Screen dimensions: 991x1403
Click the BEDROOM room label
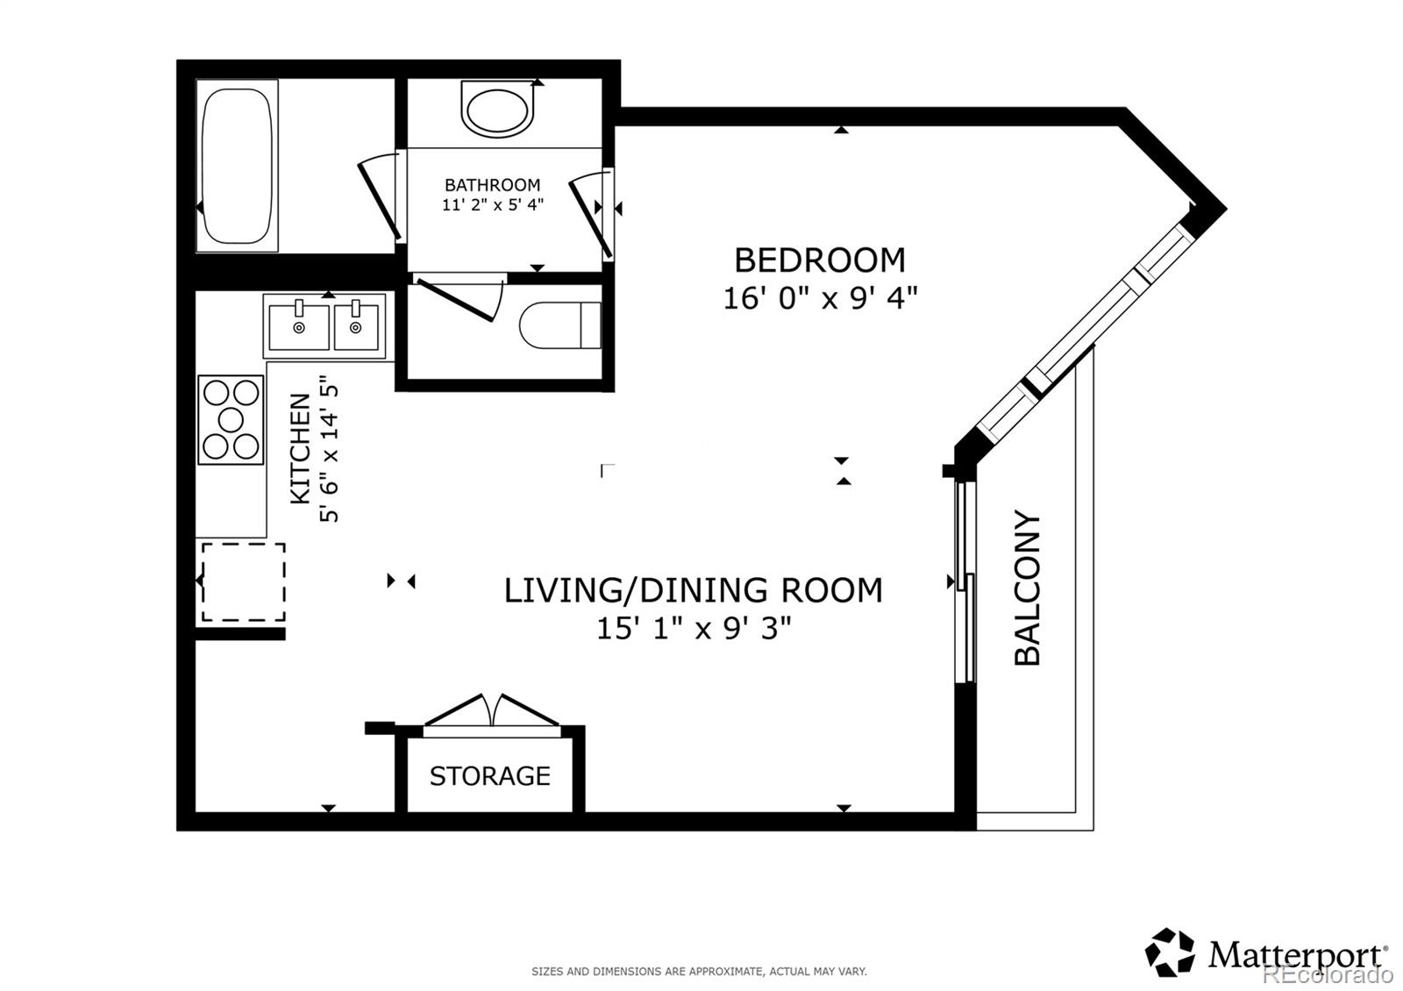click(819, 260)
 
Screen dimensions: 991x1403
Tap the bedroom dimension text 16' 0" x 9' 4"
click(819, 298)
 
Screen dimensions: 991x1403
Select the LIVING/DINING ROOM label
click(693, 590)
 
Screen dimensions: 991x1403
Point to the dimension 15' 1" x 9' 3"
click(694, 629)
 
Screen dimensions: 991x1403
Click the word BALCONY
click(1027, 587)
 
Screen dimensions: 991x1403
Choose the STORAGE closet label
click(489, 776)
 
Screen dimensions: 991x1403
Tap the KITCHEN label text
click(301, 448)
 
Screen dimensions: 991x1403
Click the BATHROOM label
click(492, 185)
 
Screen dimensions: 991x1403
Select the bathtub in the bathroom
click(235, 166)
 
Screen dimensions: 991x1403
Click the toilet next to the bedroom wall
click(559, 325)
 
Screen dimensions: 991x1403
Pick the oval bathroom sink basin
click(497, 111)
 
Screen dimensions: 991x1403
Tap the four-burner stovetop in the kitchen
click(231, 419)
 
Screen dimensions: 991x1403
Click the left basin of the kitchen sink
click(298, 326)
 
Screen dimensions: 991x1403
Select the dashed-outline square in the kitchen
click(243, 582)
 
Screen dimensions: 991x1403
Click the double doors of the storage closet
click(491, 711)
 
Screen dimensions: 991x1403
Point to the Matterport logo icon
click(1170, 952)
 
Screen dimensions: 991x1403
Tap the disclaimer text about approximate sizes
click(699, 972)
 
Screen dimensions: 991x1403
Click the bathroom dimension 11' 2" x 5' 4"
click(492, 205)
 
